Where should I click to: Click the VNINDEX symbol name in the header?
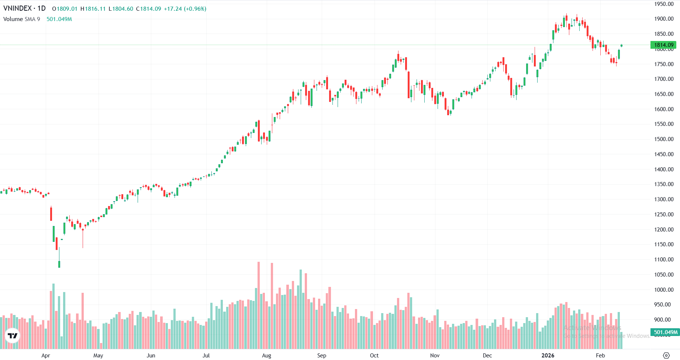tap(17, 8)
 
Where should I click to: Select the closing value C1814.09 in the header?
tap(149, 9)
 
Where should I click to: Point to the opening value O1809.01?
tap(65, 9)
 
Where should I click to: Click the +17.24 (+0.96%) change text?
tap(185, 9)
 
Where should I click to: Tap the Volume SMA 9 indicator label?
tap(21, 19)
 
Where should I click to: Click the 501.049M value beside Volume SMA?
tap(59, 19)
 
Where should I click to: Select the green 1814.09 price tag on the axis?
tap(663, 45)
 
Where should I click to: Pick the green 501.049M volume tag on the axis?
tap(665, 332)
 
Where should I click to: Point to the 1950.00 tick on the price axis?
tap(664, 4)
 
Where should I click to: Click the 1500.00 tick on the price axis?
tap(664, 139)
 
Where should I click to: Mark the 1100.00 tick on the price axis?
tap(664, 260)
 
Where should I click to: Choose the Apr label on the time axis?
tap(46, 356)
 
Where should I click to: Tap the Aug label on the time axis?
tap(266, 356)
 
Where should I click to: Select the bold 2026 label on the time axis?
tap(548, 356)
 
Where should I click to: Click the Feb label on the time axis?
tap(600, 356)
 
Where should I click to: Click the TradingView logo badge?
tap(13, 336)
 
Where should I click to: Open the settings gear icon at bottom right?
tap(666, 356)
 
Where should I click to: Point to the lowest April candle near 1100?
tap(59, 264)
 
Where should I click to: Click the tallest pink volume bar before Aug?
tap(259, 295)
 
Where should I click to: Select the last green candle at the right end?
tap(621, 45)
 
